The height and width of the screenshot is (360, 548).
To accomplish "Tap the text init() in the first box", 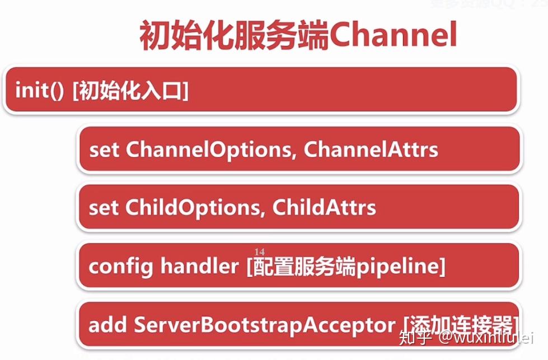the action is pyautogui.click(x=40, y=90).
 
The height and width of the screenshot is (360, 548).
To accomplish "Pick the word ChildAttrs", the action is pyautogui.click(x=324, y=208).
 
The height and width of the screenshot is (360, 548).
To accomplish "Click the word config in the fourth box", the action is pyautogui.click(x=120, y=267).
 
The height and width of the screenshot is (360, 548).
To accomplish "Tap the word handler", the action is pyautogui.click(x=199, y=267).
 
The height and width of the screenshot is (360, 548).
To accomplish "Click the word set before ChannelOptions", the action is pyautogui.click(x=104, y=149).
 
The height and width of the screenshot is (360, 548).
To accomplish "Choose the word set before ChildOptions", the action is pyautogui.click(x=104, y=208).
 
